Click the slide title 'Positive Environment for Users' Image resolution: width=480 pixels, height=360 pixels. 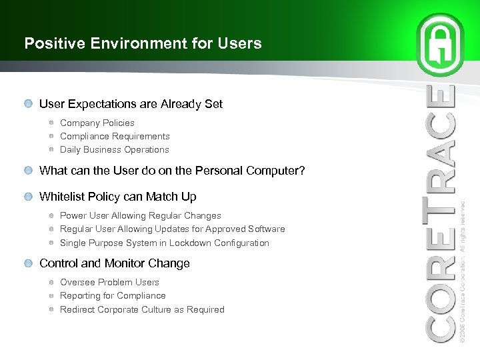coord(143,44)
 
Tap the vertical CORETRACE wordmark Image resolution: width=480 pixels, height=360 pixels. coord(441,213)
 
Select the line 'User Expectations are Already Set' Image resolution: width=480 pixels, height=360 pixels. coord(131,104)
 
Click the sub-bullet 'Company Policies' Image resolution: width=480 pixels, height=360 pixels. coord(97,123)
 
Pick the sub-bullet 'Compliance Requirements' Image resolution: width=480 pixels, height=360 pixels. coord(115,136)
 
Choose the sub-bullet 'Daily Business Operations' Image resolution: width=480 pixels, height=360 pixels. coord(114,149)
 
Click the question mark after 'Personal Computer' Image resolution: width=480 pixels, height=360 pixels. coord(302,171)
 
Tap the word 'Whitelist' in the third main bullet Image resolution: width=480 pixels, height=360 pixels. coord(62,197)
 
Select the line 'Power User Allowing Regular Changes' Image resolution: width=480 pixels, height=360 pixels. coord(140,215)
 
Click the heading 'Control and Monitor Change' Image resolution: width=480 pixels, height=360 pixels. coord(114,263)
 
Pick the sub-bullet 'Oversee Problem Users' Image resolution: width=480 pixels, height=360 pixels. coord(109,282)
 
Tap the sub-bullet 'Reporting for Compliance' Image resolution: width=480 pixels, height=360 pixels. coord(113,295)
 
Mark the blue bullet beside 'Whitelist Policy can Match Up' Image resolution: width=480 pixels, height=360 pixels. coord(27,197)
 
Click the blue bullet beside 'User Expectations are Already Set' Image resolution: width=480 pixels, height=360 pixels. coord(27,104)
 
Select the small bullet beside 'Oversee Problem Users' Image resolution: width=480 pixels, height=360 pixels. coord(51,282)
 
